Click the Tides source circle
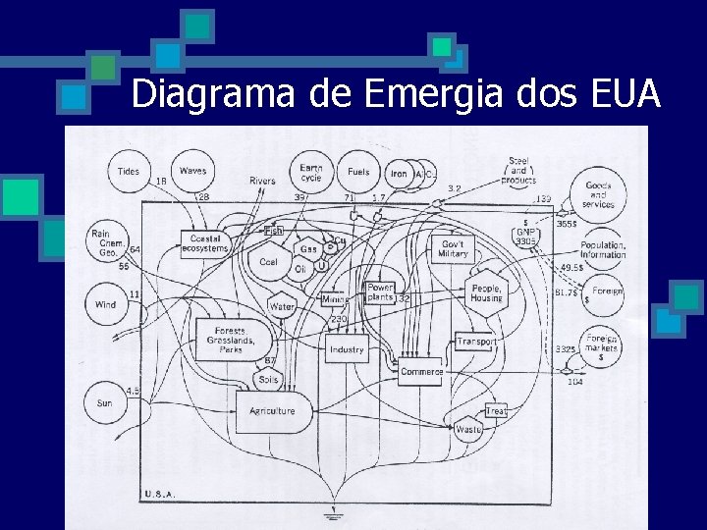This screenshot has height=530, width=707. point(129,172)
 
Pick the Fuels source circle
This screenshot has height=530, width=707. point(359,172)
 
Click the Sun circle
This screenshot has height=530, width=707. point(105,402)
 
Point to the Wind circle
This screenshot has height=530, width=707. point(106,304)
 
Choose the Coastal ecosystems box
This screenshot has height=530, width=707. point(205,243)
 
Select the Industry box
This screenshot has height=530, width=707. point(347,349)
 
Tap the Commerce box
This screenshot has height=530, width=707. point(422,372)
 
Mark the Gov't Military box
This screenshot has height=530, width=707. point(454,248)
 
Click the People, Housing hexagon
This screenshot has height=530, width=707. point(486,292)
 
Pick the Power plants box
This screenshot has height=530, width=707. point(380,292)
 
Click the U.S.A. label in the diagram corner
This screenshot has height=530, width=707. point(160,494)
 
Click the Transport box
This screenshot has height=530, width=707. point(476,343)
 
